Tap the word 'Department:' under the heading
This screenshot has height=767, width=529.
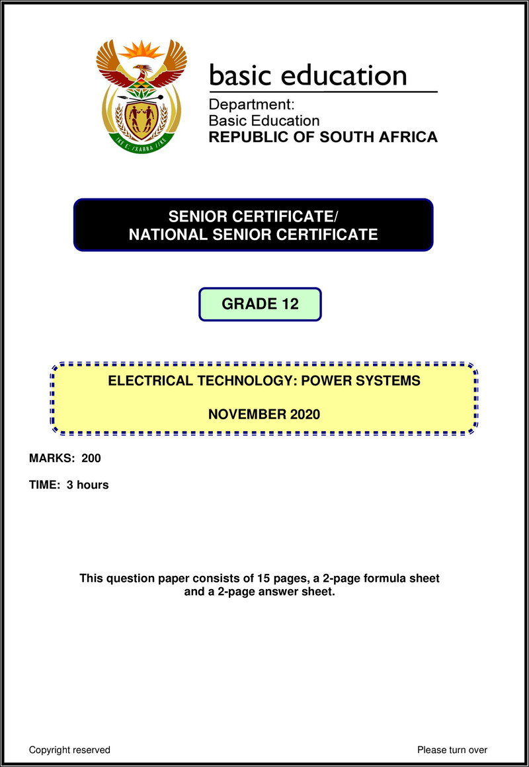click(x=251, y=104)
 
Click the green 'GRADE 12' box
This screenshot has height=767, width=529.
click(x=260, y=304)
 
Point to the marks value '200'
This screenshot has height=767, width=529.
click(x=91, y=458)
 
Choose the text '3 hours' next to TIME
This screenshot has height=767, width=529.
click(x=87, y=485)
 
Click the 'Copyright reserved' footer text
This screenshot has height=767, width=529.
click(x=69, y=750)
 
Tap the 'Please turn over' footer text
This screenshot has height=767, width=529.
click(x=452, y=750)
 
